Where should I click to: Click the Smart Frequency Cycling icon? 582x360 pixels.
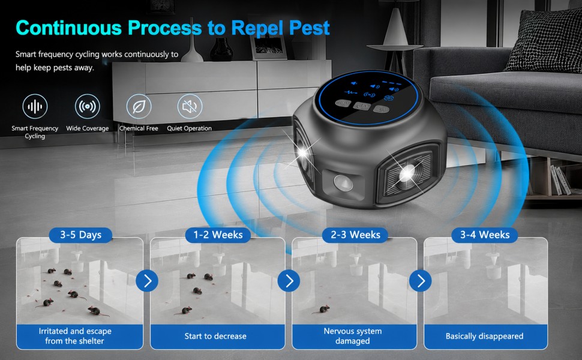pyautogui.click(x=35, y=107)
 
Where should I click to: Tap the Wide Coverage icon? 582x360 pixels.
pyautogui.click(x=88, y=107)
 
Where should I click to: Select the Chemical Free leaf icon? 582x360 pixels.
pyautogui.click(x=139, y=107)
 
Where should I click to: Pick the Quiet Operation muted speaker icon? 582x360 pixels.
pyautogui.click(x=190, y=107)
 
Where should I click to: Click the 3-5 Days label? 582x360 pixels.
pyautogui.click(x=80, y=235)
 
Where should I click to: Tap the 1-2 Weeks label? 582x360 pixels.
pyautogui.click(x=218, y=235)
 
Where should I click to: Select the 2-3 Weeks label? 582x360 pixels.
pyautogui.click(x=355, y=235)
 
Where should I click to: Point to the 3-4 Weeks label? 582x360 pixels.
pyautogui.click(x=485, y=235)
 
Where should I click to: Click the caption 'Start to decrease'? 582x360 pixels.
pyautogui.click(x=215, y=336)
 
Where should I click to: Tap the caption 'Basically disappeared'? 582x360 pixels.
pyautogui.click(x=484, y=336)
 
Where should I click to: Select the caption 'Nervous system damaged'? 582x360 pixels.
pyautogui.click(x=353, y=336)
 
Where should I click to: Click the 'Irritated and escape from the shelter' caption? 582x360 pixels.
pyautogui.click(x=75, y=336)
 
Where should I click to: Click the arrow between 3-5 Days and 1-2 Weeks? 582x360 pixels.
pyautogui.click(x=147, y=281)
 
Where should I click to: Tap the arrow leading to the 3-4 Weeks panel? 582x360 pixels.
pyautogui.click(x=420, y=281)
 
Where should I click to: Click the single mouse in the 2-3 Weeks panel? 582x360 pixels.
pyautogui.click(x=323, y=309)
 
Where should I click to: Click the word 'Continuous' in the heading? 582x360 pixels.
pyautogui.click(x=68, y=28)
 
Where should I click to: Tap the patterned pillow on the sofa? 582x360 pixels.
pyautogui.click(x=545, y=41)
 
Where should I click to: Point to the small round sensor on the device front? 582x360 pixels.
pyautogui.click(x=343, y=182)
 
